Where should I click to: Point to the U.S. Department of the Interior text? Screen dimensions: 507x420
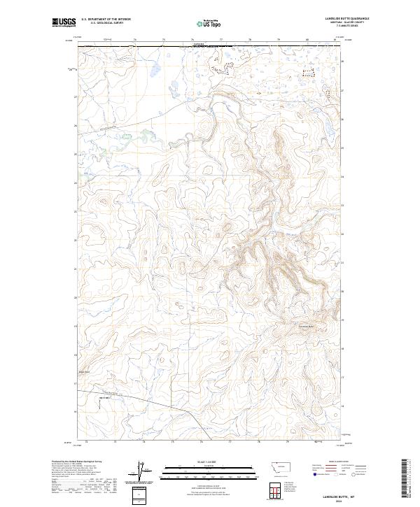pos(106,19)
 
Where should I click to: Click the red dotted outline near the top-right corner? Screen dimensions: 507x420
pos(308,72)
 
